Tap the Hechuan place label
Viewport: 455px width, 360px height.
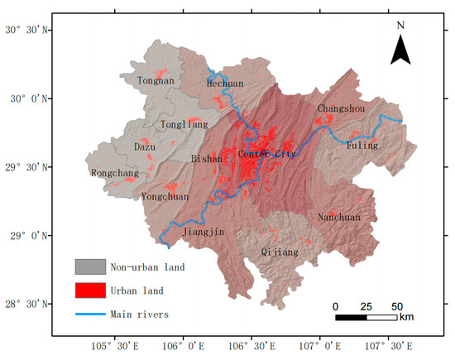pyautogui.click(x=226, y=84)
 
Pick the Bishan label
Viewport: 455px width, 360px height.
pyautogui.click(x=207, y=158)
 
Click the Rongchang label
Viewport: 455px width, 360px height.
pyautogui.click(x=114, y=173)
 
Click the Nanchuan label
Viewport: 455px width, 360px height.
pyautogui.click(x=339, y=218)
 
